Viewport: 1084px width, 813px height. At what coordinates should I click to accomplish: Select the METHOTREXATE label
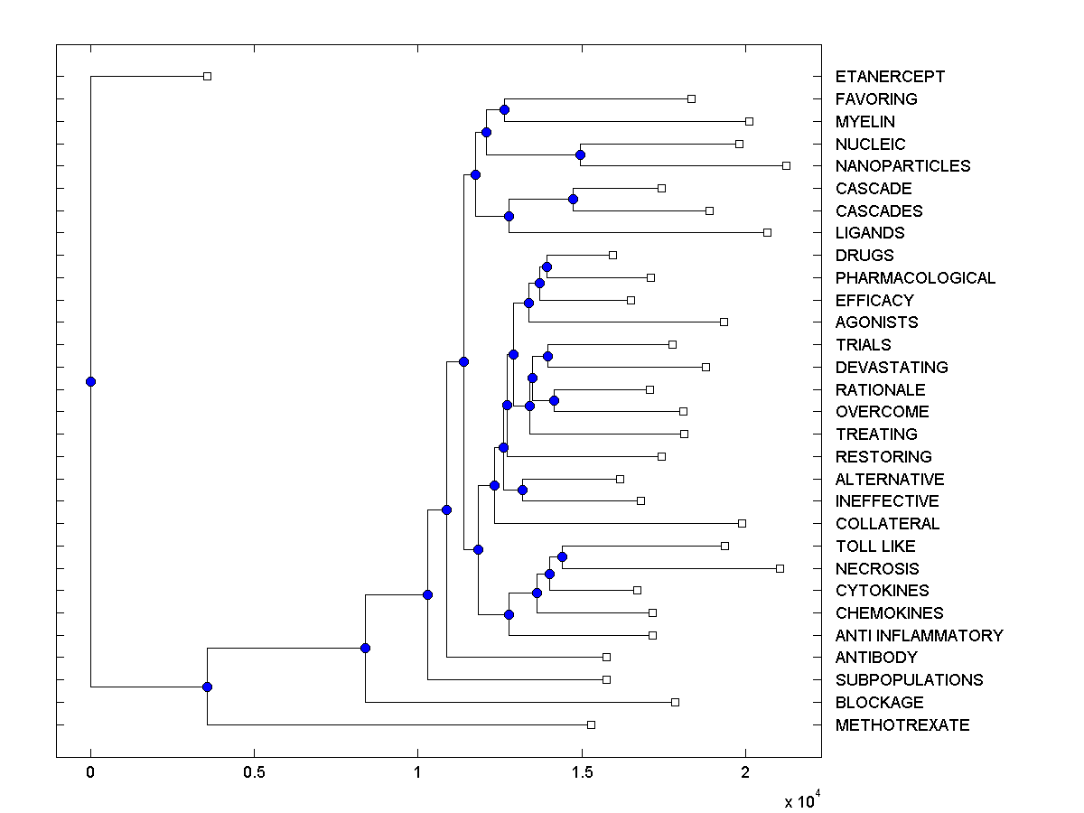[x=902, y=725]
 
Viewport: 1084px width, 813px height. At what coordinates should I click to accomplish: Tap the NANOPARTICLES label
[x=902, y=166]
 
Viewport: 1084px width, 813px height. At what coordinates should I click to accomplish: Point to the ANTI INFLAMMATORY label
[x=919, y=636]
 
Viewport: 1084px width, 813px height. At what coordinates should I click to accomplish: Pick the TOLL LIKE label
[x=875, y=547]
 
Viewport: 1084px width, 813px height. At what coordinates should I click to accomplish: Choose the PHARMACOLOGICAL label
[x=915, y=278]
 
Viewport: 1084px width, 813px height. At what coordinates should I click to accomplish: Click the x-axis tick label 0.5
[x=254, y=772]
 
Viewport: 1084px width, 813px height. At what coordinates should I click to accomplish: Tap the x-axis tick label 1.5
[x=582, y=772]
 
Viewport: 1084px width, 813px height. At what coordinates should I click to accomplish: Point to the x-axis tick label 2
[x=745, y=772]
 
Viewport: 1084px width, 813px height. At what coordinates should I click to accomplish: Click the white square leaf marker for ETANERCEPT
[x=207, y=76]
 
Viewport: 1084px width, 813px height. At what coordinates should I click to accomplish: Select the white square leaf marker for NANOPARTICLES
[x=786, y=165]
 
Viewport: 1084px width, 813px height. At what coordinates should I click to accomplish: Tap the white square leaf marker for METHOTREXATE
[x=591, y=724]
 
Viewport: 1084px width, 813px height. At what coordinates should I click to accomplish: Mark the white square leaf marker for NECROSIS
[x=780, y=568]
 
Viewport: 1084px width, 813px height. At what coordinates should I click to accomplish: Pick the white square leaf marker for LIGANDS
[x=767, y=232]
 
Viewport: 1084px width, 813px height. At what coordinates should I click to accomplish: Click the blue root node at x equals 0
[x=90, y=381]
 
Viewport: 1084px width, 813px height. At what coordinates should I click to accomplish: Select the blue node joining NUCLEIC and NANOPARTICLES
[x=580, y=154]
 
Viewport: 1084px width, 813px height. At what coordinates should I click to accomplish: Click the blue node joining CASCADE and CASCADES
[x=573, y=199]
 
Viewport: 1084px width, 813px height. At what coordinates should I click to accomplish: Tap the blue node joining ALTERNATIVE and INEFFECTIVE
[x=522, y=490]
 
